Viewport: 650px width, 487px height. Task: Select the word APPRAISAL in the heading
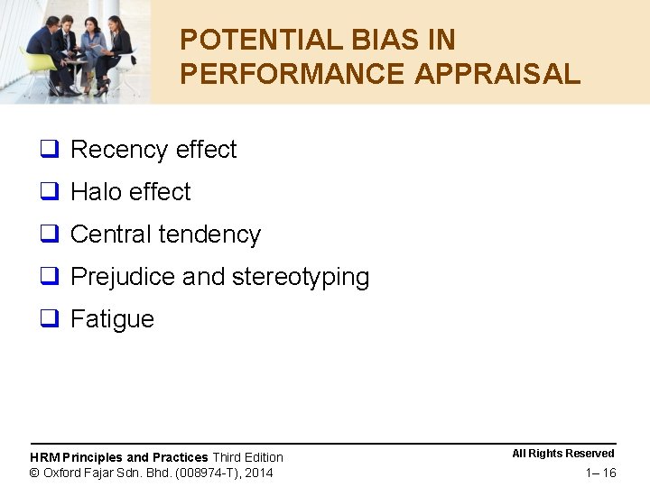pyautogui.click(x=497, y=74)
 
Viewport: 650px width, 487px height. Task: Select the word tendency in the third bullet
pyautogui.click(x=213, y=234)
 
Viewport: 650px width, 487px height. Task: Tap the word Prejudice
pyautogui.click(x=123, y=277)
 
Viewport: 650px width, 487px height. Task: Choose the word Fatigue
pyautogui.click(x=112, y=319)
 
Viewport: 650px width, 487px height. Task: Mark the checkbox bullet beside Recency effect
pyautogui.click(x=49, y=150)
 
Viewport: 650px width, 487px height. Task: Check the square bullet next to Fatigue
pyautogui.click(x=49, y=319)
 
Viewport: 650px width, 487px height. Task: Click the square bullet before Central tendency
pyautogui.click(x=49, y=234)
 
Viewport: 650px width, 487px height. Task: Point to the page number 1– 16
pyautogui.click(x=600, y=473)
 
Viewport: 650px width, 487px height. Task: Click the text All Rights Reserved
pyautogui.click(x=563, y=454)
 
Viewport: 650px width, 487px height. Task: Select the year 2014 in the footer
pyautogui.click(x=258, y=473)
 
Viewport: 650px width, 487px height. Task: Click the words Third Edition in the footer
pyautogui.click(x=247, y=457)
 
